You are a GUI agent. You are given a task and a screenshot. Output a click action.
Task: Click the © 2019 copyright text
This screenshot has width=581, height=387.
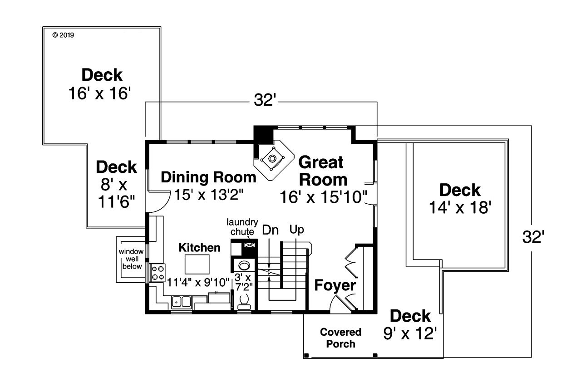(x=63, y=34)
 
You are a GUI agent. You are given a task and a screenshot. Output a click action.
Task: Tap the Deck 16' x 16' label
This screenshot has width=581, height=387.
(x=102, y=84)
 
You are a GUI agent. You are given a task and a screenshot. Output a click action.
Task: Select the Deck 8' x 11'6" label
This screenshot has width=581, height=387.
(x=116, y=184)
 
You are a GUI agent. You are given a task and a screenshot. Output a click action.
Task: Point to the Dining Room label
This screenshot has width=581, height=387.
(x=208, y=177)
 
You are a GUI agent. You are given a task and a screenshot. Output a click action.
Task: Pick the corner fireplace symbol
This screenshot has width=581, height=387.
(x=272, y=159)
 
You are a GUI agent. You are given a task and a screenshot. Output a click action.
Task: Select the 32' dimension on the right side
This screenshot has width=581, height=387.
(x=532, y=237)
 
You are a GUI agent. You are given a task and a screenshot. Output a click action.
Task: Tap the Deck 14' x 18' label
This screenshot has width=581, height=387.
(x=460, y=198)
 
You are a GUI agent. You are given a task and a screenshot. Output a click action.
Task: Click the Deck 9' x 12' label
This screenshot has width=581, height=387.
(x=410, y=324)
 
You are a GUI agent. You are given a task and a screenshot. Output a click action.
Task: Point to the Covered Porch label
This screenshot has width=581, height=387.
(x=340, y=338)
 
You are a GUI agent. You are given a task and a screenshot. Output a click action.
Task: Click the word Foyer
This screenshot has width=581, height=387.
(x=335, y=285)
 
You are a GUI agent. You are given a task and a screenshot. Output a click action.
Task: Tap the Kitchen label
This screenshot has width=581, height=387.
(x=199, y=248)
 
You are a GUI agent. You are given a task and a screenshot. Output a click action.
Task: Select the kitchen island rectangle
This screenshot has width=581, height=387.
(x=197, y=264)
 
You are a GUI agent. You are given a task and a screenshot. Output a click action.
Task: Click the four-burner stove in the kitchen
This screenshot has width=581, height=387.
(x=158, y=273)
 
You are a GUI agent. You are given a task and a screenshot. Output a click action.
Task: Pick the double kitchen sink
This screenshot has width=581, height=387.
(x=181, y=301)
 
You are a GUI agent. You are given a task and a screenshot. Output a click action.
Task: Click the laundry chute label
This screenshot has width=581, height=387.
(x=242, y=227)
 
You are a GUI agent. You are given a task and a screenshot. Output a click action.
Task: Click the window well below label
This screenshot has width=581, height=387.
(x=131, y=259)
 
